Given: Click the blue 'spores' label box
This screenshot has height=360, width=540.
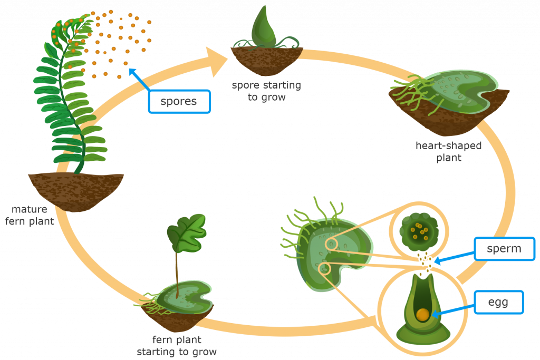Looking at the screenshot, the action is coord(179,102).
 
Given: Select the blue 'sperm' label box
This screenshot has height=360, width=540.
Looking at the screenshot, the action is coord(504,248).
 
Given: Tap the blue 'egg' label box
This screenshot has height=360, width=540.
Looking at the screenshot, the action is coord(499,302).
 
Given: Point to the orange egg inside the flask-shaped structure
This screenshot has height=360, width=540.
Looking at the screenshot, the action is coord(422,315).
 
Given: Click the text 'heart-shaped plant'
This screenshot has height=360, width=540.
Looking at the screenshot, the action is coord(448,151).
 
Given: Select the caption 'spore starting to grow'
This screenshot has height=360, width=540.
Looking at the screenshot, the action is coord(266,91).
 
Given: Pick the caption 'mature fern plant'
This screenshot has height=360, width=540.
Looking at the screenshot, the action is coord(30,215).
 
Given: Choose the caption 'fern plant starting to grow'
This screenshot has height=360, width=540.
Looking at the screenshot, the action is coord(177,346).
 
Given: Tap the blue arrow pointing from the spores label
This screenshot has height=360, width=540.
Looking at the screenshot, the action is coord(139,80).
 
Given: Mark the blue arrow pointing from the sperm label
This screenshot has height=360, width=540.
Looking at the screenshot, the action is coord(454,257).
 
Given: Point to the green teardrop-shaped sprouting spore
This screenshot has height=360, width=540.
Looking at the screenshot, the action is coord(264,27).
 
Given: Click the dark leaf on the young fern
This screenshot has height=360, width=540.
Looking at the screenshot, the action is coord(187,233).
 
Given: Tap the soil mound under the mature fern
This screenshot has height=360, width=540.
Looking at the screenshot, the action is coord(76,191).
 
